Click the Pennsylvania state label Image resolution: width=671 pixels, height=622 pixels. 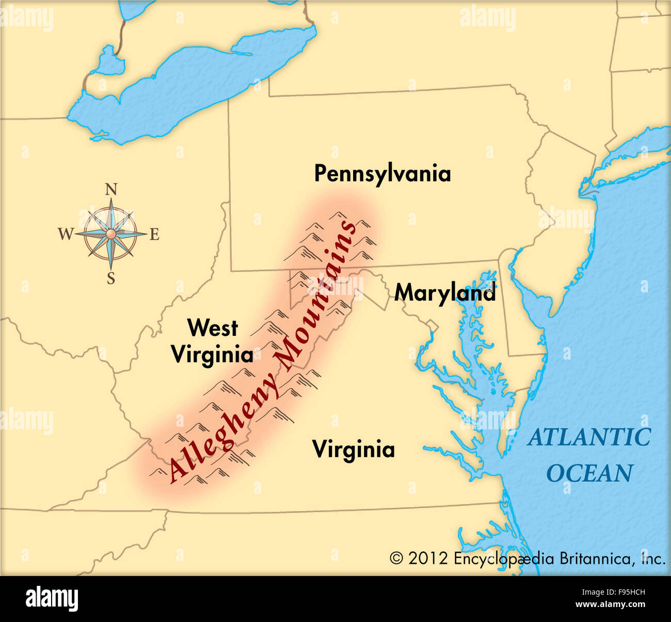coord(382,174)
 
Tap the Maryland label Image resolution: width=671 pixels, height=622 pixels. coord(445,293)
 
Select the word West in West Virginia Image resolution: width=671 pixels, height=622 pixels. coord(212,328)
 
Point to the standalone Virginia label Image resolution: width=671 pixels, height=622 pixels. coord(354,449)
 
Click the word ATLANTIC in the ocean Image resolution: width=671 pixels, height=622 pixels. coord(589,438)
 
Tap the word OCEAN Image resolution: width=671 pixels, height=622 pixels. coord(590,473)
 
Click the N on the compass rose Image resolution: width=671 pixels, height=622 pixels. coord(111,190)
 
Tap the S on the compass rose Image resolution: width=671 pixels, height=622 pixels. coord(111,279)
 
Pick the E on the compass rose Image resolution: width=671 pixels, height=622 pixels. coord(154,235)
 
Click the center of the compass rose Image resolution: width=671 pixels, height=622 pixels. coord(110,235)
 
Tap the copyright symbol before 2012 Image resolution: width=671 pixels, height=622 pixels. coord(396,558)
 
